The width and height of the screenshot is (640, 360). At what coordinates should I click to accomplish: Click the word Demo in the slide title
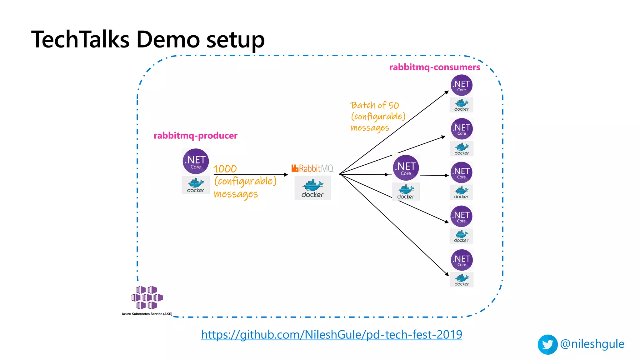[x=168, y=40]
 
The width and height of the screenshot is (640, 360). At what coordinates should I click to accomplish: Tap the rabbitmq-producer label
[x=195, y=136]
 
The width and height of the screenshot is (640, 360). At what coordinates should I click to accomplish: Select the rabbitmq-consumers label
[x=434, y=67]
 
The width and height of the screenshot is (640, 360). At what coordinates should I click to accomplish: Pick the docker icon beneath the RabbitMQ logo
[x=312, y=188]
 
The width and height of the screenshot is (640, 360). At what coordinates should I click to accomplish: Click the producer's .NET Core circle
[x=196, y=161]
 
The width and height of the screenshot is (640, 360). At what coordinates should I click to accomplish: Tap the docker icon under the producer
[x=196, y=185]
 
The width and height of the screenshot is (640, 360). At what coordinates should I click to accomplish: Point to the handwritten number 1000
[x=225, y=169]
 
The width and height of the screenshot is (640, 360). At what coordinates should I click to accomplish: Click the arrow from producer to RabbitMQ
[x=250, y=175]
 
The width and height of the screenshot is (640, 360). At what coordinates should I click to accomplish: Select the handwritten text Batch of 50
[x=374, y=105]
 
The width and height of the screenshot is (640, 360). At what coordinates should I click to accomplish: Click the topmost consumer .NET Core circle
[x=462, y=85]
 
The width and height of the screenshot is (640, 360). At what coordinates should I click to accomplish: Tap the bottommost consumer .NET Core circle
[x=462, y=260]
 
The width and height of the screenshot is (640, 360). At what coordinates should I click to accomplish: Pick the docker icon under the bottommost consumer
[x=462, y=279]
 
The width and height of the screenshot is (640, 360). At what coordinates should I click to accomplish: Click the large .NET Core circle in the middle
[x=406, y=168]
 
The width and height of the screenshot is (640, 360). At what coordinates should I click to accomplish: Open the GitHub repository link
[x=332, y=335]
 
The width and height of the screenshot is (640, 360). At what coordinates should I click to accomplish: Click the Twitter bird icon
[x=547, y=344]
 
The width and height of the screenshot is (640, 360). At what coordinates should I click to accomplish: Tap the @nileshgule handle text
[x=592, y=344]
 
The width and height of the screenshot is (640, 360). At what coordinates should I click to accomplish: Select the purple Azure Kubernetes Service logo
[x=147, y=297]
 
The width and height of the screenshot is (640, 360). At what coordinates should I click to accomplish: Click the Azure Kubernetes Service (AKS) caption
[x=147, y=314]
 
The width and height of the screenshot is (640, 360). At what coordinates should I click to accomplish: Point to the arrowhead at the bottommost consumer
[x=447, y=274]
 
